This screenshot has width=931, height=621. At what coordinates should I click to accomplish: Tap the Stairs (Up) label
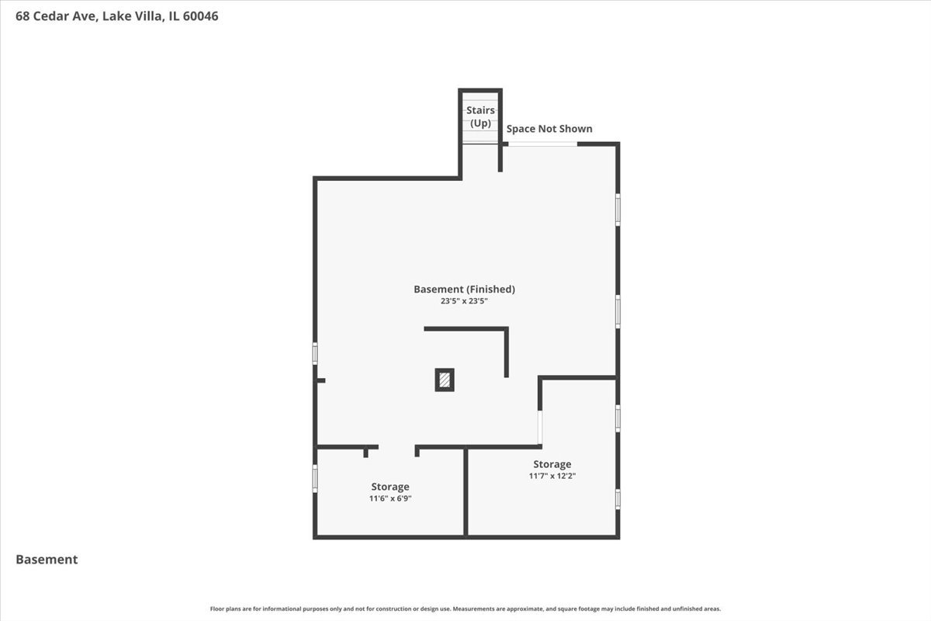pyautogui.click(x=480, y=116)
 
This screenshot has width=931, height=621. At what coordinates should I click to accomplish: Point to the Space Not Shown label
pyautogui.click(x=549, y=129)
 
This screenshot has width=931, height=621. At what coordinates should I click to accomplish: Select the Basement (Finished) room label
pyautogui.click(x=464, y=289)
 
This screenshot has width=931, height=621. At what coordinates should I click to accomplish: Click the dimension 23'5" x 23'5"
pyautogui.click(x=464, y=301)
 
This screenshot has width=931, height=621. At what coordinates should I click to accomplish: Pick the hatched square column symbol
pyautogui.click(x=445, y=380)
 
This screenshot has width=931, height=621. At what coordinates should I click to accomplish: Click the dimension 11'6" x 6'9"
pyautogui.click(x=390, y=499)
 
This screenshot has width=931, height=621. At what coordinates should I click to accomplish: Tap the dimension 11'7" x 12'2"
pyautogui.click(x=552, y=477)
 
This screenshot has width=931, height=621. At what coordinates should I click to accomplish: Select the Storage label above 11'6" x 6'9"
pyautogui.click(x=390, y=487)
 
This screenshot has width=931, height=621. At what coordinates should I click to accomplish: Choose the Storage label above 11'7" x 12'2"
pyautogui.click(x=552, y=464)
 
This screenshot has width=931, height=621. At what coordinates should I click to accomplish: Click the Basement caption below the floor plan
pyautogui.click(x=47, y=559)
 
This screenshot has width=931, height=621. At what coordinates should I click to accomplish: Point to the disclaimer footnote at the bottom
pyautogui.click(x=465, y=609)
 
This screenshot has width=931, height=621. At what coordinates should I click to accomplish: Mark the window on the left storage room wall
pyautogui.click(x=315, y=477)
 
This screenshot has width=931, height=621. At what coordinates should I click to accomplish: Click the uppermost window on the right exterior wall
pyautogui.click(x=618, y=209)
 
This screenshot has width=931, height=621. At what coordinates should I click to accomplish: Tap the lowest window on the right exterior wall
pyautogui.click(x=618, y=498)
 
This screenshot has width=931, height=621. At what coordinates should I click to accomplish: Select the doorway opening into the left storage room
pyautogui.click(x=396, y=447)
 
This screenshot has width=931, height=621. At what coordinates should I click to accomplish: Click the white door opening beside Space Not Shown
pyautogui.click(x=542, y=144)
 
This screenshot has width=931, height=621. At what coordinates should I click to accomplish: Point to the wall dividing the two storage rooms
pyautogui.click(x=465, y=491)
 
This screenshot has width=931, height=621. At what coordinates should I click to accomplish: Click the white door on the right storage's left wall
pyautogui.click(x=540, y=427)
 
